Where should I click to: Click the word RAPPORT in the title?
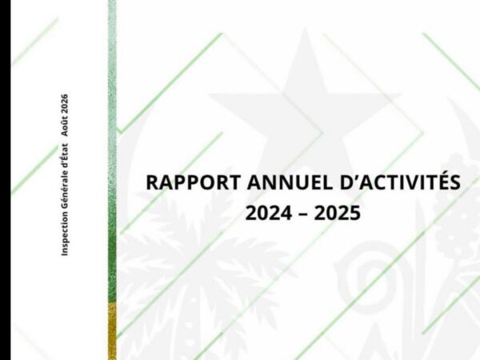(193, 182)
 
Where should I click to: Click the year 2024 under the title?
(269, 213)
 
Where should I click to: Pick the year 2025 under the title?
(338, 213)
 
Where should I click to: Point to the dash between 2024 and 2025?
(303, 214)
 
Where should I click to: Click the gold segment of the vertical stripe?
(112, 331)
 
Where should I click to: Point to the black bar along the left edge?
(6, 180)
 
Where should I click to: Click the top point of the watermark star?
(305, 29)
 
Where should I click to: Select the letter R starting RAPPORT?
(152, 182)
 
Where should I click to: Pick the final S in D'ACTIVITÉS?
(454, 182)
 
